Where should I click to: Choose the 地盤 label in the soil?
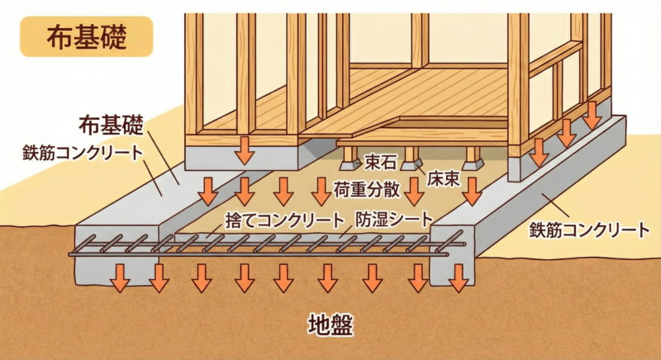330,324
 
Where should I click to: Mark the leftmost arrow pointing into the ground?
120,277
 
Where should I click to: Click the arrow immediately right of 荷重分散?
414,191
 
